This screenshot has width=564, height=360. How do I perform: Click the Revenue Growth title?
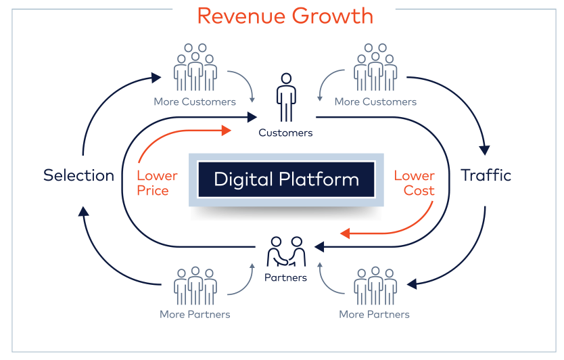285,16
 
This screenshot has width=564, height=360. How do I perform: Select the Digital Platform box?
286,180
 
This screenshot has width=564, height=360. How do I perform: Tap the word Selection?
78,176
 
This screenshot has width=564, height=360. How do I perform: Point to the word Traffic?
486,176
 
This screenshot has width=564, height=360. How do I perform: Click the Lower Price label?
157,183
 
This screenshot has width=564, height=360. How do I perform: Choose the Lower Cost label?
415,183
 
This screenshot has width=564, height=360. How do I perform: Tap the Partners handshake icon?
286,252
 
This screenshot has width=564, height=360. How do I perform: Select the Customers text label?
285,133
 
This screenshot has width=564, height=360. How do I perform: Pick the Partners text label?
286,277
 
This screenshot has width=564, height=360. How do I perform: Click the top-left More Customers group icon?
195,68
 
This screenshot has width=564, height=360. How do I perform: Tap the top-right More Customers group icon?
375,68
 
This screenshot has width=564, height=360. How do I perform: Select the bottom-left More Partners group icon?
195,286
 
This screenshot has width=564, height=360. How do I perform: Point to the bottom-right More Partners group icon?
375,286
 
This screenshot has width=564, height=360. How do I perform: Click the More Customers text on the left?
195,102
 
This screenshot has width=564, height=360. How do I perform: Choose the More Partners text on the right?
374,314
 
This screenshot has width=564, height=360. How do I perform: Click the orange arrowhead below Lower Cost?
344,233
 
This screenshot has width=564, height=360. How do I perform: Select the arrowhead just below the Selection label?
83,211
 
